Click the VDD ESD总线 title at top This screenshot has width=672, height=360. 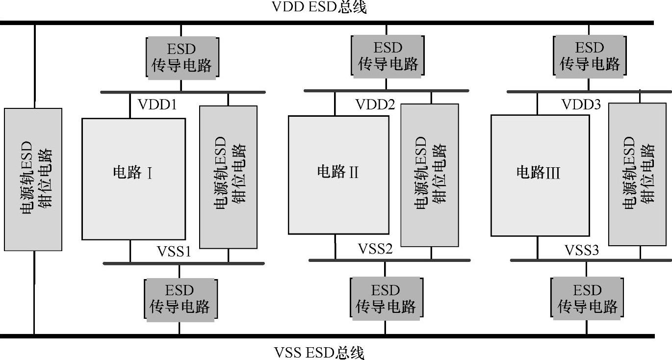coord(319,8)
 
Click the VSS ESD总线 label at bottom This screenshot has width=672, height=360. coord(319,352)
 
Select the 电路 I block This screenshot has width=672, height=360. coord(133,179)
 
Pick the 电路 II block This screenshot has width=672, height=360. coord(338,175)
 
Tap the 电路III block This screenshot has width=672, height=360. coord(540,175)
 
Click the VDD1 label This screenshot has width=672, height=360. coord(157,105)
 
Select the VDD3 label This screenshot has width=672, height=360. coord(581,104)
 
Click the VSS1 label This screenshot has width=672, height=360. coord(174,251)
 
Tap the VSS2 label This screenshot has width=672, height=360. coord(375,249)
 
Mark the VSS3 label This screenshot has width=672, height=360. coord(582,250)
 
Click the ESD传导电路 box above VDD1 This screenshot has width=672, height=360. coord(181,56)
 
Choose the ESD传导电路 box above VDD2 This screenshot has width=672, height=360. coord(388,55)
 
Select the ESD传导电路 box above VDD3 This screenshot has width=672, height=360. coord(590,55)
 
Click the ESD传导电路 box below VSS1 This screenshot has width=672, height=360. coord(180,299)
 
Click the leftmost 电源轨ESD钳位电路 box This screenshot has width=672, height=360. coord(33,180)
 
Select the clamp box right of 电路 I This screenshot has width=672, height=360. coord(229,177)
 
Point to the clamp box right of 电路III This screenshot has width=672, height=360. coord(638,174)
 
